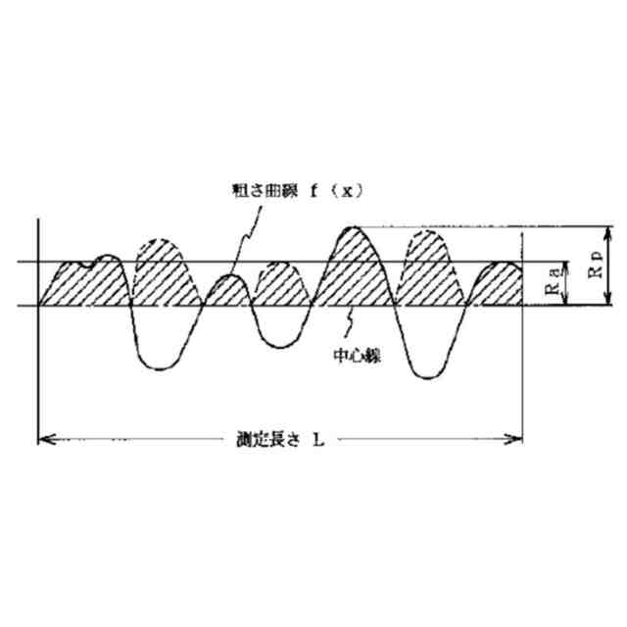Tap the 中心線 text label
(358, 357)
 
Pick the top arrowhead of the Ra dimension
(565, 266)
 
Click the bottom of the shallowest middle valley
(278, 346)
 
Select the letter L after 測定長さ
(318, 440)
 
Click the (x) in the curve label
(341, 191)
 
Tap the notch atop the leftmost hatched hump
(90, 263)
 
